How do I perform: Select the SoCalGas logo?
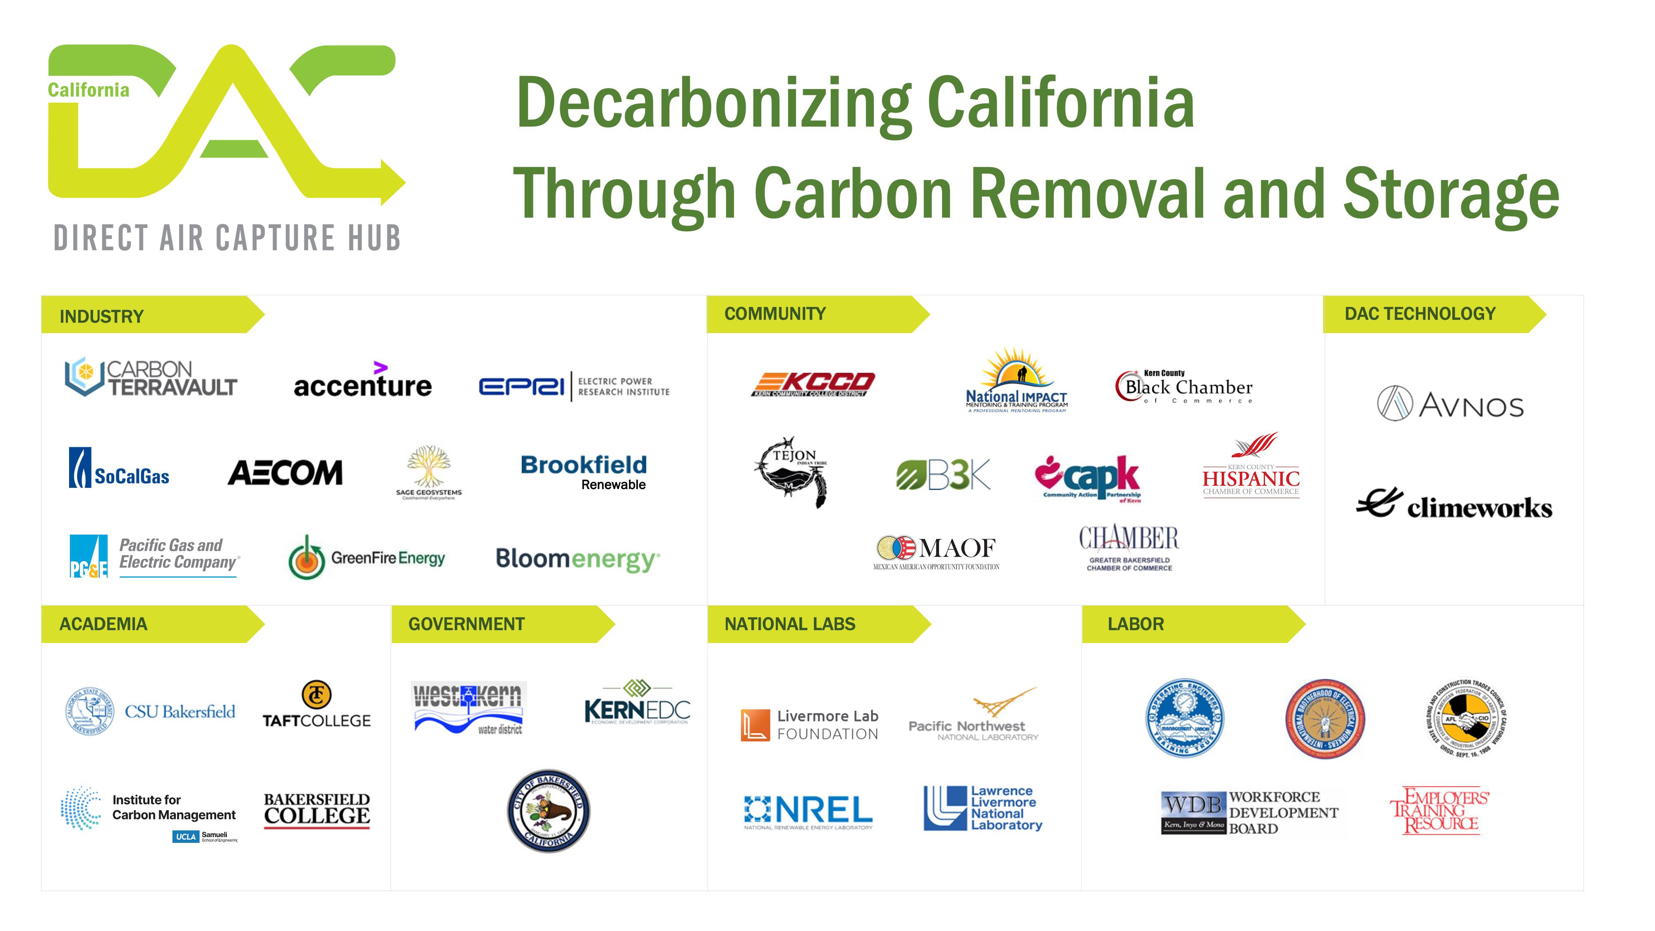click(x=120, y=469)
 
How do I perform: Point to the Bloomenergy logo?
click(x=577, y=559)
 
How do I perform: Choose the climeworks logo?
click(x=1455, y=505)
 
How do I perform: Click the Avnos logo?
click(x=1451, y=404)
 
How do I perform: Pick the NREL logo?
click(x=808, y=811)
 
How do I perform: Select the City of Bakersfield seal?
click(x=548, y=811)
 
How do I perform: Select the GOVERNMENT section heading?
click(x=466, y=624)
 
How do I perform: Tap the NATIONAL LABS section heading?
click(x=789, y=624)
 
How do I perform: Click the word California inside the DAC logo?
click(x=89, y=90)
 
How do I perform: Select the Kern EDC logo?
click(x=637, y=703)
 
